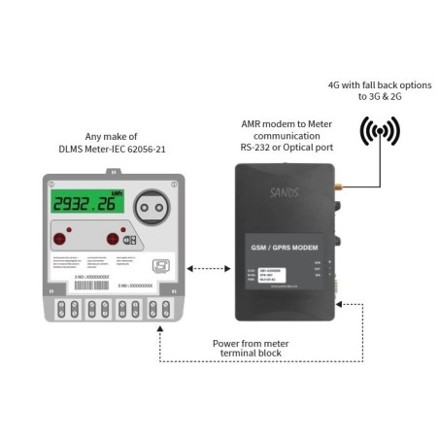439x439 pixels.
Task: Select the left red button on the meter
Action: click(61, 238)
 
